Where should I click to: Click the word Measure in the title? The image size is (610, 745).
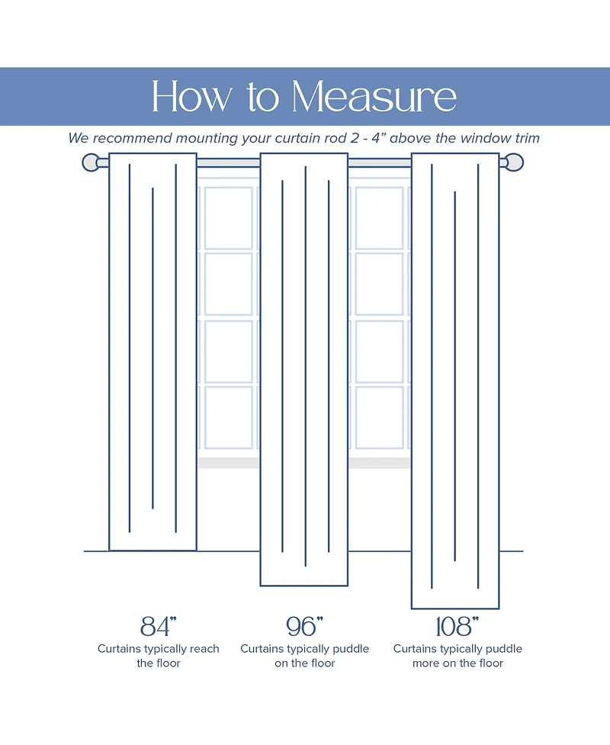click(374, 97)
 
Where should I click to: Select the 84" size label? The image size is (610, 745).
click(159, 626)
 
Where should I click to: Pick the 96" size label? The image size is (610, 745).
click(304, 626)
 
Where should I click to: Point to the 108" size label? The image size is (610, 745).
click(456, 626)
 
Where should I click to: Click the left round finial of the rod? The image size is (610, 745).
click(91, 162)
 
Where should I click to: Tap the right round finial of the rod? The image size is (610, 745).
click(515, 162)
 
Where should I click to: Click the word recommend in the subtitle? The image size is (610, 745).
click(131, 139)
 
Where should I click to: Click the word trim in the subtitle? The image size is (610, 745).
click(526, 139)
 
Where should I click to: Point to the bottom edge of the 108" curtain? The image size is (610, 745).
click(455, 608)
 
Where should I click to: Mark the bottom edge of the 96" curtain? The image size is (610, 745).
click(304, 585)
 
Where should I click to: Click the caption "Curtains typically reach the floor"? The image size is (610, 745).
click(158, 656)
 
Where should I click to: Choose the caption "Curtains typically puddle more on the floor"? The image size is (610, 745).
click(457, 656)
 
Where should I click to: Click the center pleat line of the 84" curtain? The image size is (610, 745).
click(152, 347)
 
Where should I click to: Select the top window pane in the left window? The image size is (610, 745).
click(228, 217)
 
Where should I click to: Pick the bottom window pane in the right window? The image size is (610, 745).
click(379, 417)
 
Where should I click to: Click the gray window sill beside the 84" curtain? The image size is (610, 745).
click(227, 463)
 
